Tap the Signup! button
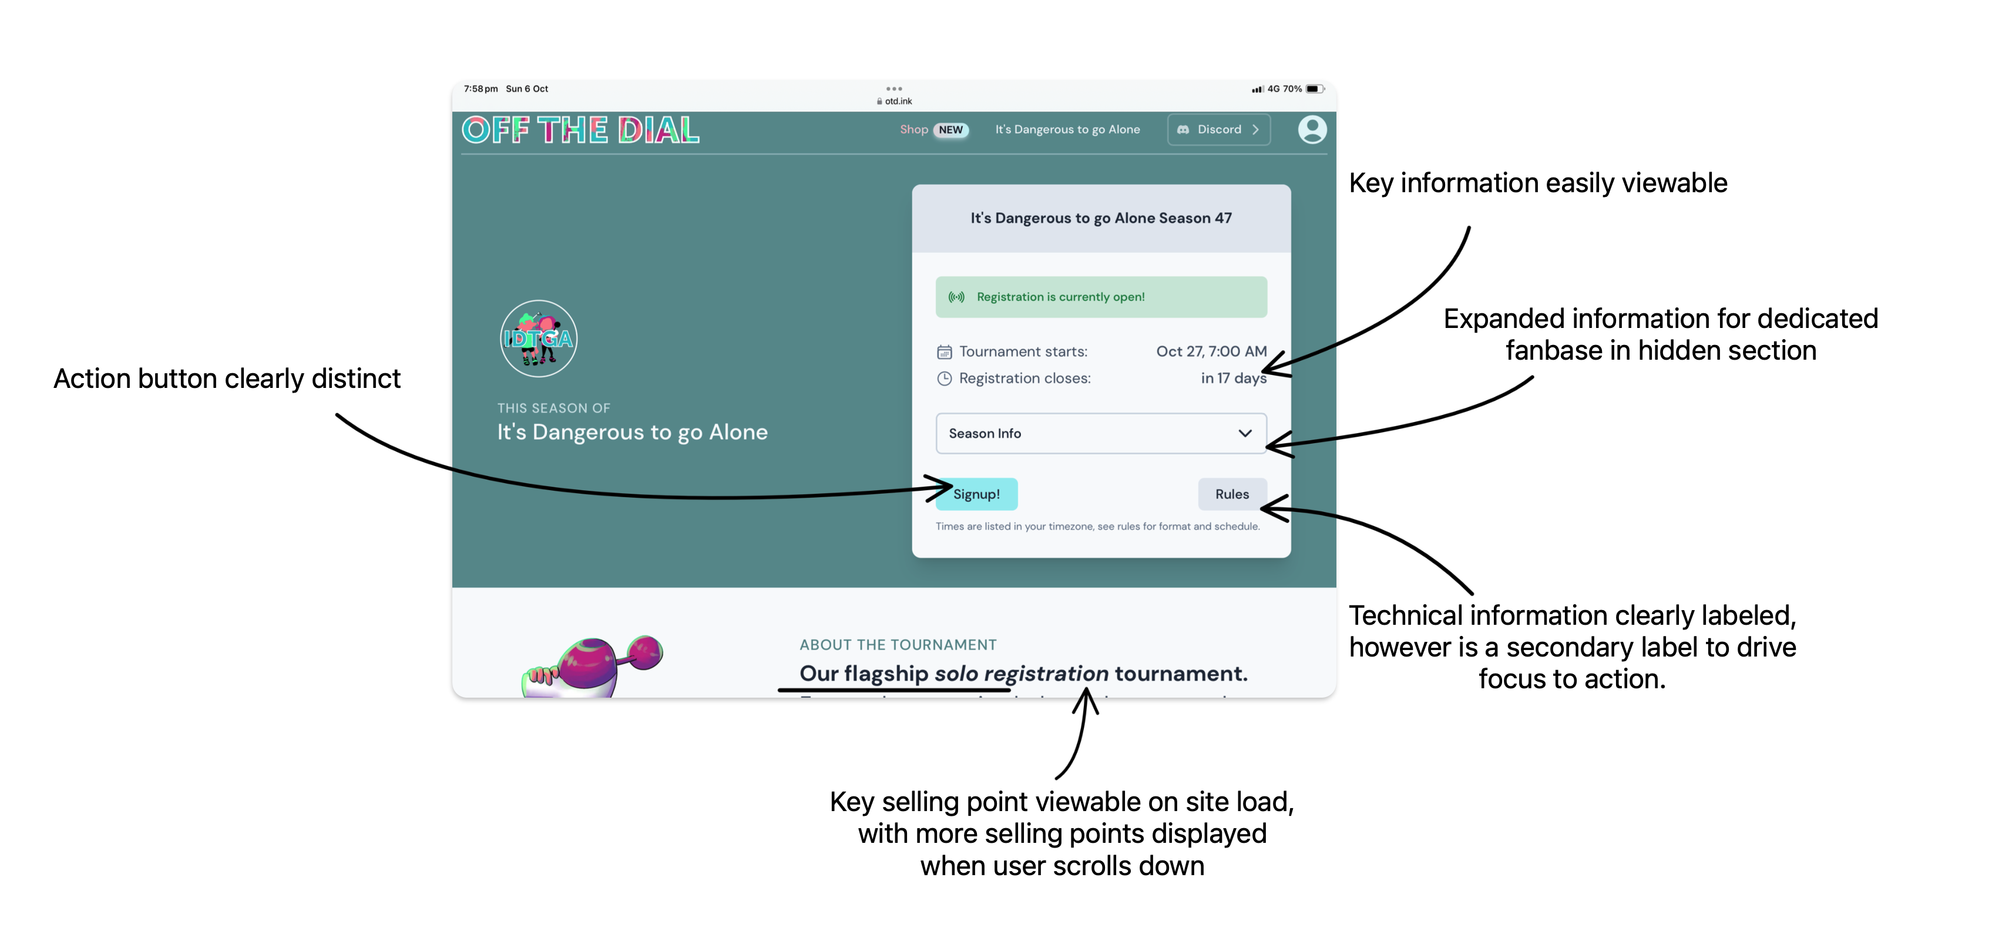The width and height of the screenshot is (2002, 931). point(976,494)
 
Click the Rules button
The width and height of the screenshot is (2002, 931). point(1232,494)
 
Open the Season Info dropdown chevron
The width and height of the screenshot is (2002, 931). point(1244,433)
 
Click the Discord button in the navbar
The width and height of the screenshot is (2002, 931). point(1218,130)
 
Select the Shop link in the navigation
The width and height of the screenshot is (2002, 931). point(913,130)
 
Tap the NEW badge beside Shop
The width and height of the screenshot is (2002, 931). point(950,130)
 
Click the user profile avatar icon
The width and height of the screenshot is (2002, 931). point(1312,130)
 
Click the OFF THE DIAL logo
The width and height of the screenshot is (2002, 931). point(580,130)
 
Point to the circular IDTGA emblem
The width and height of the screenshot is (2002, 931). point(539,339)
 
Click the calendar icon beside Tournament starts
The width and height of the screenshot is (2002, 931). point(944,352)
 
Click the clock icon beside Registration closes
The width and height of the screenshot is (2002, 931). point(944,379)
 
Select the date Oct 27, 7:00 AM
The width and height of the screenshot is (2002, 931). point(1211,351)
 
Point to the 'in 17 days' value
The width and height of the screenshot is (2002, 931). point(1234,378)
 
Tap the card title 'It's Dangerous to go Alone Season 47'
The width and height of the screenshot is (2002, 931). point(1100,219)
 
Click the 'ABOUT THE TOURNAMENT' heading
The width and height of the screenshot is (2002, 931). point(898,645)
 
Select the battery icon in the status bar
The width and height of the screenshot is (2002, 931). point(1314,89)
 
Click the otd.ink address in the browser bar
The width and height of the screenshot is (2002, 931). point(898,101)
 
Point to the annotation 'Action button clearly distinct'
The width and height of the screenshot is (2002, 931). point(227,379)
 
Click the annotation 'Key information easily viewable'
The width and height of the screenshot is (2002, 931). point(1537,183)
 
